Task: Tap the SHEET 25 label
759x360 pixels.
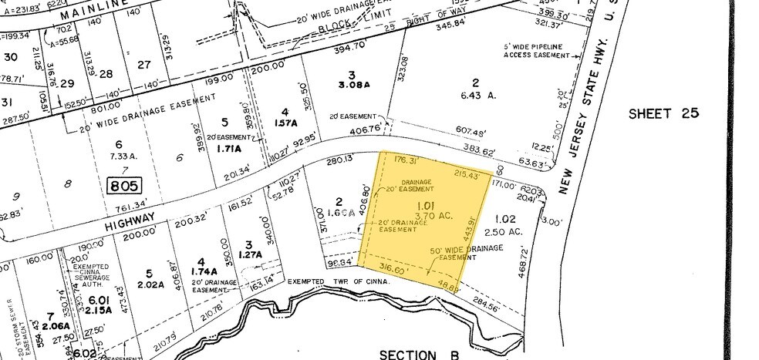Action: [x=663, y=113]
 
